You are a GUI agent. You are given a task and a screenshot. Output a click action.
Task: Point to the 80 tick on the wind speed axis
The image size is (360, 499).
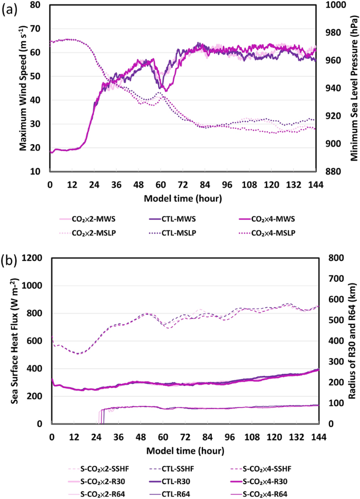tap(37, 5)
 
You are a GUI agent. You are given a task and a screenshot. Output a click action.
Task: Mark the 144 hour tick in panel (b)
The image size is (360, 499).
tap(317, 437)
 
